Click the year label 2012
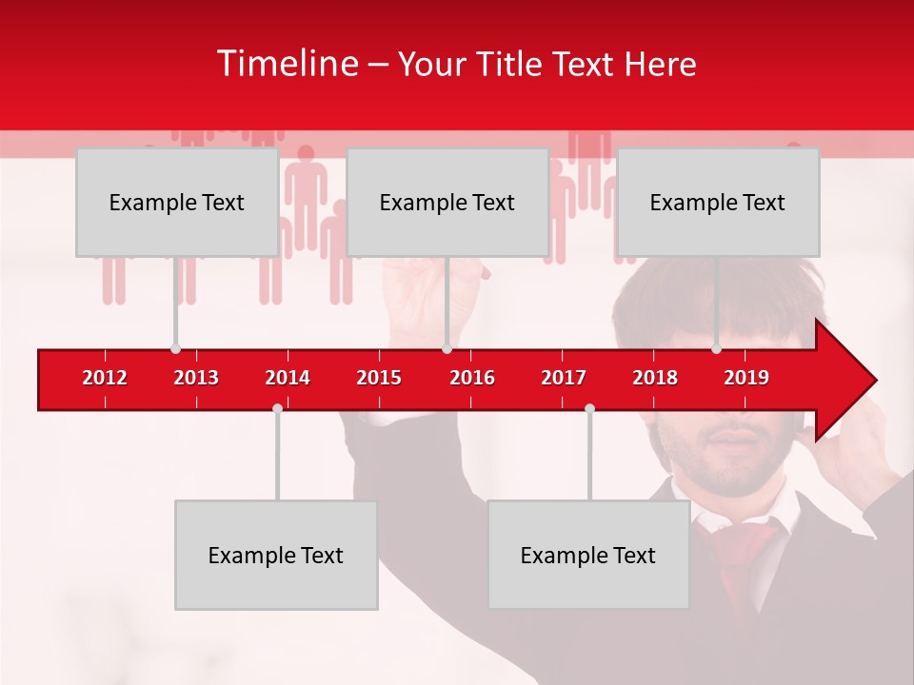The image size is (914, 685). tap(105, 378)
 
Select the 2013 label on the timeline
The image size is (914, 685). tap(196, 378)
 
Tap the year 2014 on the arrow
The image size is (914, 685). tap(288, 378)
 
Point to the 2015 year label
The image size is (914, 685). tap(379, 378)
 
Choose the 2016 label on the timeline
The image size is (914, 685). tap(472, 378)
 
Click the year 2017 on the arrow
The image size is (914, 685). tap(564, 378)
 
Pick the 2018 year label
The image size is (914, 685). tap(655, 378)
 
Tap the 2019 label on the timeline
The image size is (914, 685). tap(746, 378)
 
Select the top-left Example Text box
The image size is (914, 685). tap(177, 202)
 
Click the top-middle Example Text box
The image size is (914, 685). tap(447, 202)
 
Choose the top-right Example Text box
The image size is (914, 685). tap(718, 202)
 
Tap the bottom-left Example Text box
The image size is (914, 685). tap(276, 555)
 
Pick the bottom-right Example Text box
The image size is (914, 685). tap(588, 555)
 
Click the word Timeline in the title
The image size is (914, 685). tap(287, 64)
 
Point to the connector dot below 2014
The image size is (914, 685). tap(277, 408)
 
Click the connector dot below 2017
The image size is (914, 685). tap(589, 408)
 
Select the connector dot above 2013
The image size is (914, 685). tap(175, 349)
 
